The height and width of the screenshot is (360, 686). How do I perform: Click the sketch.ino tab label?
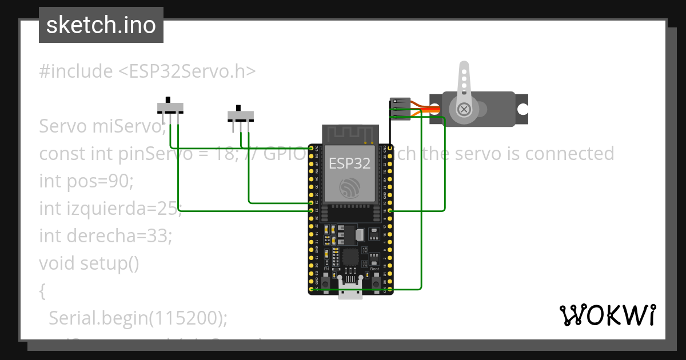[x=101, y=26]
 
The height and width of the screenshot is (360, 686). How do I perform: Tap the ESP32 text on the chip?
[x=349, y=163]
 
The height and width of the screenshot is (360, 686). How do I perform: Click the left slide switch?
[x=170, y=107]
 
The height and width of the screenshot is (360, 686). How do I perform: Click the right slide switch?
[x=241, y=116]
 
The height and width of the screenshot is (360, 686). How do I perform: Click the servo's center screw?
[x=465, y=109]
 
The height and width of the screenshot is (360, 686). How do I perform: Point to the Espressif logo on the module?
[x=349, y=188]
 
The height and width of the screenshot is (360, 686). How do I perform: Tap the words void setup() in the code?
[x=89, y=263]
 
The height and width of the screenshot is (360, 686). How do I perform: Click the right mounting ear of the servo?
[x=521, y=109]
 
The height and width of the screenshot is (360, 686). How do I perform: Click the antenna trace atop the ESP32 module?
[x=350, y=135]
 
